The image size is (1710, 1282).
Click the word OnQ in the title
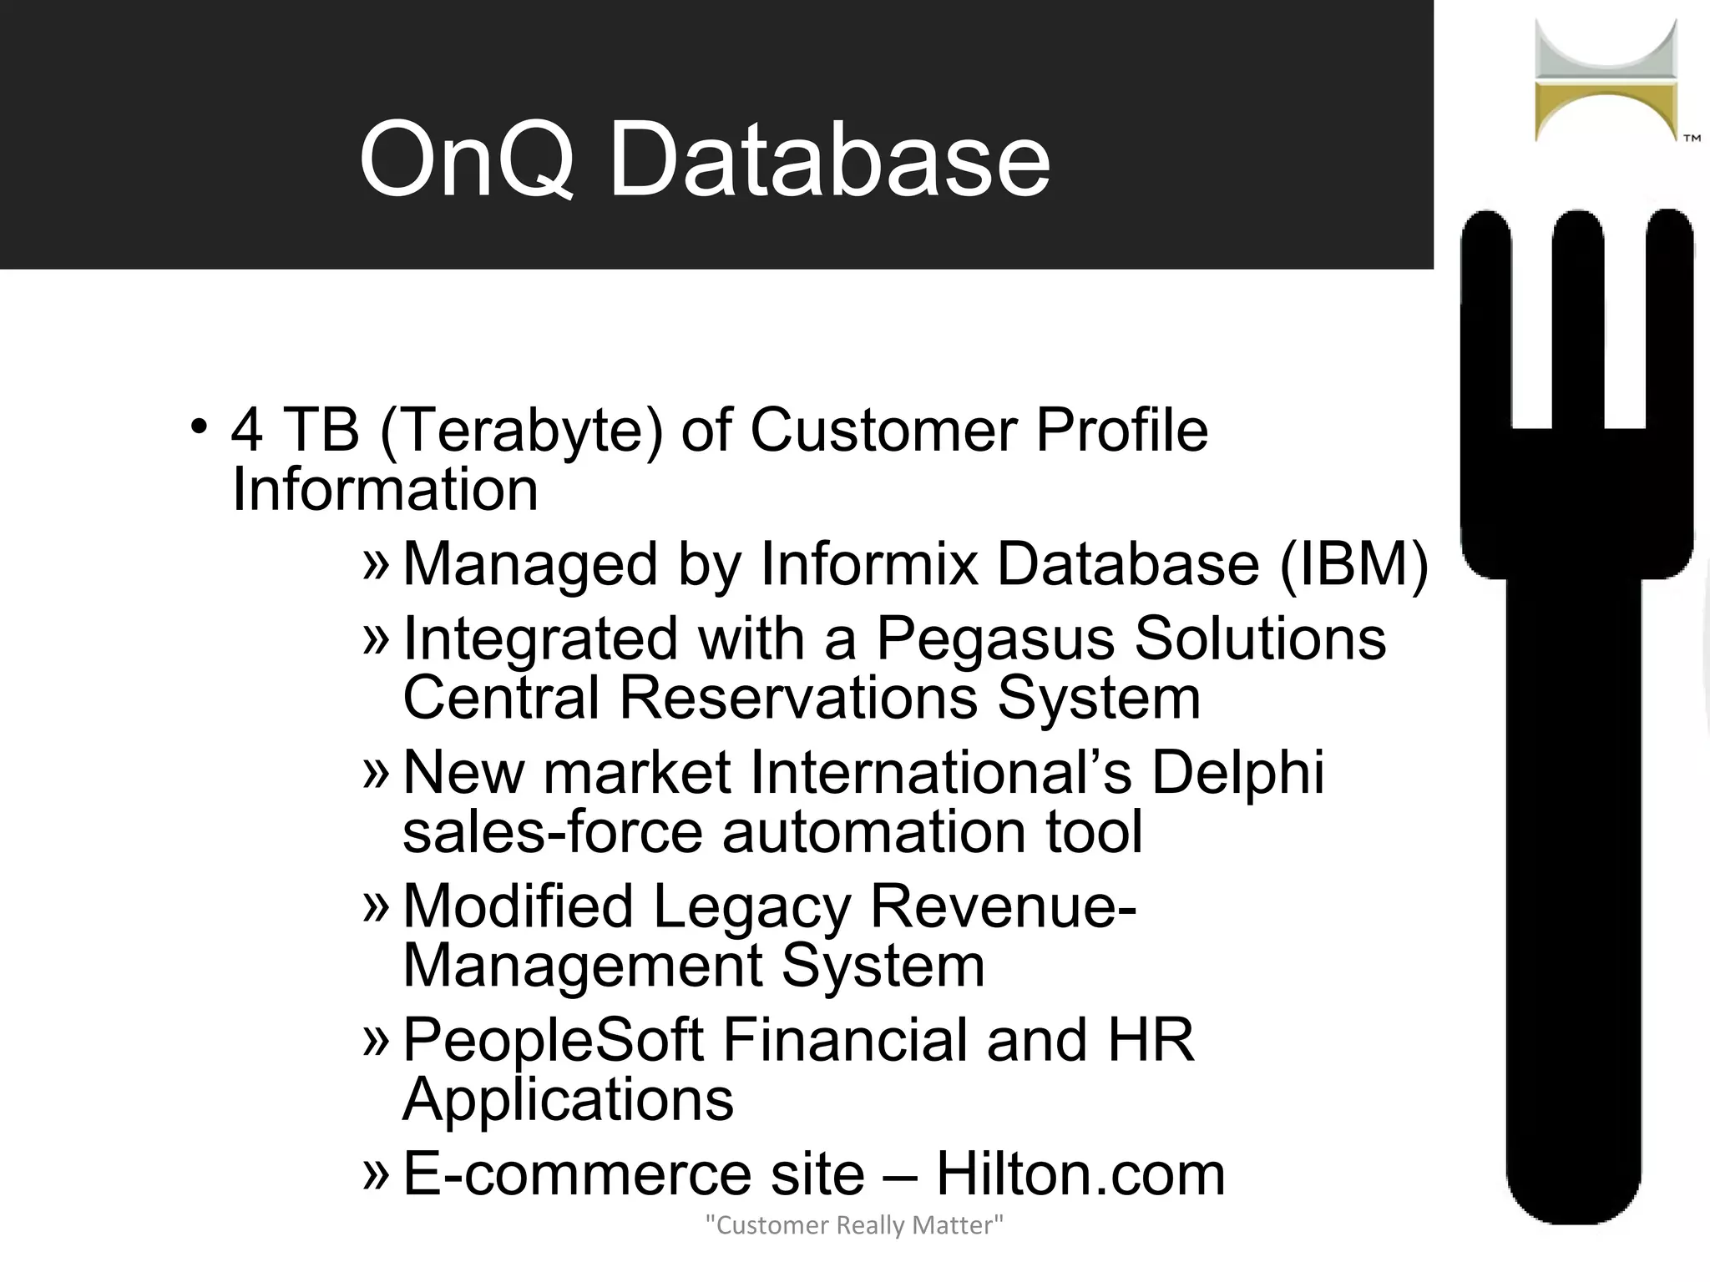pos(466,159)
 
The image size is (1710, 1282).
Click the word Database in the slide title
pos(828,159)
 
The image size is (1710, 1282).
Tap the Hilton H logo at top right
pos(1605,81)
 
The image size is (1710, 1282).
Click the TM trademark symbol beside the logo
pos(1692,139)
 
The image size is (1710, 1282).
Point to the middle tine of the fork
pos(1577,317)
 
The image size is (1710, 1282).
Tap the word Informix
pos(868,564)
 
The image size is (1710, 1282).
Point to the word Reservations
pos(797,698)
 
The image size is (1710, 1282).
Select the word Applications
pos(568,1100)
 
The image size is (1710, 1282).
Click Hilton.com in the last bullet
pos(1080,1174)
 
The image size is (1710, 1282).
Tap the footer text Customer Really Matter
pos(854,1225)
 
